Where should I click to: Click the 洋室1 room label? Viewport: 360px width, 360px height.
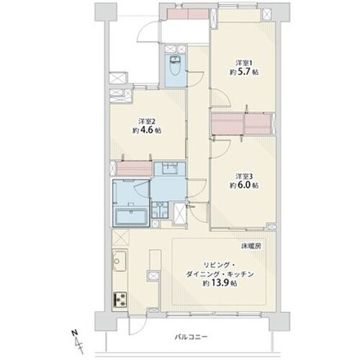pos(244,63)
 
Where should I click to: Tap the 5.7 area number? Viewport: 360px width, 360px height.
pos(244,72)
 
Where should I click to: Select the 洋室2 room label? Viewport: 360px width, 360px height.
pos(146,121)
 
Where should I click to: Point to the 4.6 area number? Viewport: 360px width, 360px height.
pos(147,130)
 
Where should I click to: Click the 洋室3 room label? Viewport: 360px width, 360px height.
pos(244,176)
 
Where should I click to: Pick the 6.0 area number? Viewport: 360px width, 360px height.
pos(244,186)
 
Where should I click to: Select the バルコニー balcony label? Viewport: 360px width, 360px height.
pos(191,337)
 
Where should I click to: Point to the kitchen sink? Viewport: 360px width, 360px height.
pos(120,261)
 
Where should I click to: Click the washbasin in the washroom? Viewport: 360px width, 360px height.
pos(170,168)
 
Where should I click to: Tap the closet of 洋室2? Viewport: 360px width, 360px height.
pos(134,168)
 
